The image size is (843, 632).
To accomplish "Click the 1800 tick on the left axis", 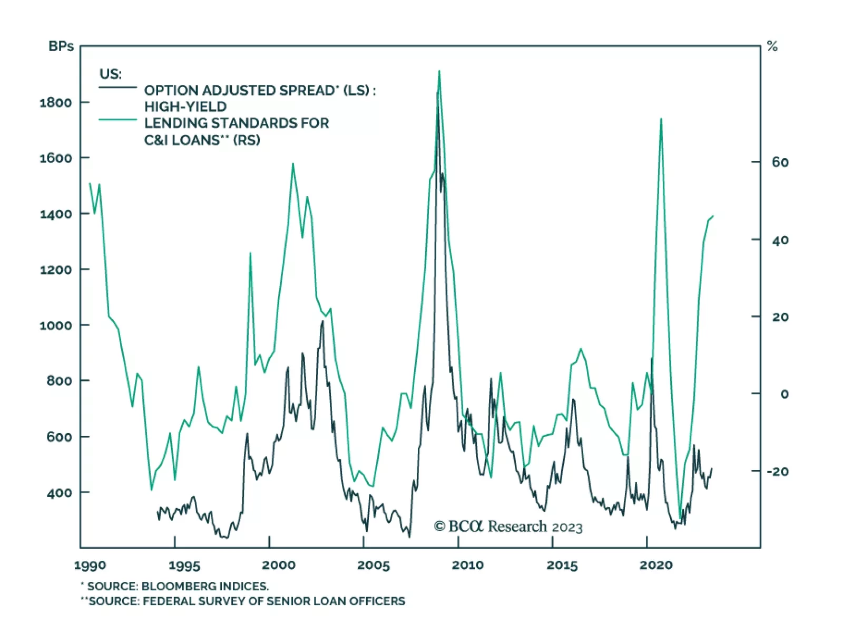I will click(x=56, y=102).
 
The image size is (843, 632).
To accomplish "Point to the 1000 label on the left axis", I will click(x=56, y=325).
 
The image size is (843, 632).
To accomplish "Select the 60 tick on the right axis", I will click(x=780, y=162).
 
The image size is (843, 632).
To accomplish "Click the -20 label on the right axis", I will click(x=777, y=471).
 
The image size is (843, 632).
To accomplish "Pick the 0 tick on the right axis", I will click(x=784, y=394).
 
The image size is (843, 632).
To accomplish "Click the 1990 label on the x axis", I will click(x=90, y=566).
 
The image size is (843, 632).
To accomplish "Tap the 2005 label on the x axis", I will click(x=374, y=566).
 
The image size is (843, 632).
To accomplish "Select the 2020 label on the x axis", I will click(x=656, y=566).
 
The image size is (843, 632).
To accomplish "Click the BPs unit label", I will click(x=61, y=46).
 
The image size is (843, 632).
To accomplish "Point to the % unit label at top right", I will click(x=772, y=46).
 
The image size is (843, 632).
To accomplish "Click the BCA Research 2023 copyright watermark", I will click(x=508, y=526).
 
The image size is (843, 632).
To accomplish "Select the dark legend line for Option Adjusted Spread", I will click(x=117, y=87).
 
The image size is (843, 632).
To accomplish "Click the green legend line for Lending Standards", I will click(x=117, y=120).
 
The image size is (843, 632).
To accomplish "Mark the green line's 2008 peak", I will click(x=439, y=71).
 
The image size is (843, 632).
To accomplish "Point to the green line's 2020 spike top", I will click(x=661, y=119).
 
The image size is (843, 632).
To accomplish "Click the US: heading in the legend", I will click(x=111, y=74).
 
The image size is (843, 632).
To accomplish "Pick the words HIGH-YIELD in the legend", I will click(x=185, y=107).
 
